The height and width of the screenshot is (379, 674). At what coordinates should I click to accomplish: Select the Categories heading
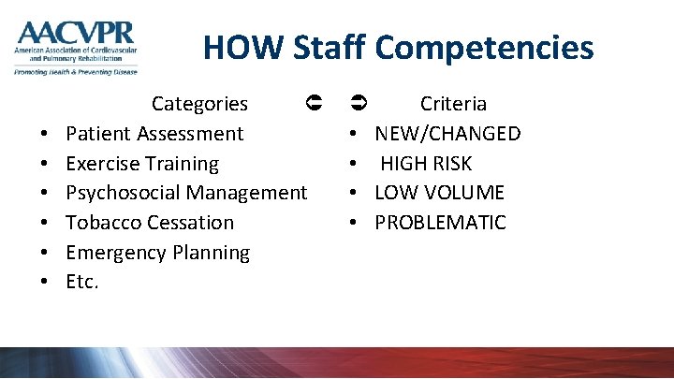(x=199, y=104)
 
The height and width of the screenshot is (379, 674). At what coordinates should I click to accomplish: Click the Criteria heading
(x=453, y=104)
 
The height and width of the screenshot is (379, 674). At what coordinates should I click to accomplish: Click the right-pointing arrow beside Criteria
(x=358, y=101)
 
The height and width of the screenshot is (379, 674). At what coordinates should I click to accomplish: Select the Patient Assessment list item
(x=154, y=134)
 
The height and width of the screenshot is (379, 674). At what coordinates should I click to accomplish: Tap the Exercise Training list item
(x=142, y=164)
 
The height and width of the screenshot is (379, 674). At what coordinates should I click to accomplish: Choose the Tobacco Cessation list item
(x=150, y=223)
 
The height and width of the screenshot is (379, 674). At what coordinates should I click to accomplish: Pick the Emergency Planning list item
(x=158, y=253)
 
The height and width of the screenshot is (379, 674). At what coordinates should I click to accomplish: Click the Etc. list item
(x=82, y=282)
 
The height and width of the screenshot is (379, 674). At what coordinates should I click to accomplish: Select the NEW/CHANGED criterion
(x=447, y=134)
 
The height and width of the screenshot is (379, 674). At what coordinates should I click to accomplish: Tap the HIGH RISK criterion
(x=426, y=164)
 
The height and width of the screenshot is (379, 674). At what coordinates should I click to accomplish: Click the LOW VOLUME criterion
(x=439, y=193)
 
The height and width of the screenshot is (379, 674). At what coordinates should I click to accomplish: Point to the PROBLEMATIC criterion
(x=440, y=223)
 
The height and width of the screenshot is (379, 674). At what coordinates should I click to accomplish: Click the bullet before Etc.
(x=45, y=283)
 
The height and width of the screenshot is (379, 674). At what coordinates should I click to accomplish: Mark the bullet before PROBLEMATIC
(x=356, y=224)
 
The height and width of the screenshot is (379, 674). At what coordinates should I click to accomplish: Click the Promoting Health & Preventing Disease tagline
(x=75, y=71)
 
